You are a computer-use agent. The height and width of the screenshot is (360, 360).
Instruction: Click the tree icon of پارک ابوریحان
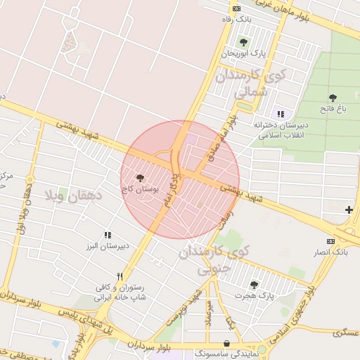(x=243, y=43)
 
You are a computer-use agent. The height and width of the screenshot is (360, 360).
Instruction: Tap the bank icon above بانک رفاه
(x=236, y=8)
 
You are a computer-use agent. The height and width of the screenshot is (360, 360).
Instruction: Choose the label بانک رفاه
(x=236, y=19)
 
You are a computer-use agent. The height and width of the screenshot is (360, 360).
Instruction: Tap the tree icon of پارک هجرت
(x=254, y=284)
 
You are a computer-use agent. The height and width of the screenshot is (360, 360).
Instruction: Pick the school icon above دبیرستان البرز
(x=108, y=235)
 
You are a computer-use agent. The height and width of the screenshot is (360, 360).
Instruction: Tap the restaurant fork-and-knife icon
(x=120, y=276)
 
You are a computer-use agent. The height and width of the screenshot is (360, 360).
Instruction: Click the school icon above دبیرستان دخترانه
(x=281, y=114)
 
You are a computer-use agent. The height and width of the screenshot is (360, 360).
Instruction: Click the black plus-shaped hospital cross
(x=349, y=210)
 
